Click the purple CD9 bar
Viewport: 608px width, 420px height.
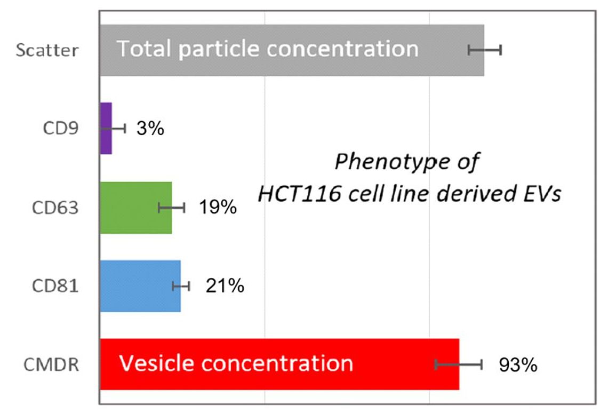pos(106,129)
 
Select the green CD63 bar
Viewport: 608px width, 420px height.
pos(135,208)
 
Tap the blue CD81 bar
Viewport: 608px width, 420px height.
pos(140,286)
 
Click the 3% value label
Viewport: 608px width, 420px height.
pos(150,128)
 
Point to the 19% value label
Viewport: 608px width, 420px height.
pos(218,207)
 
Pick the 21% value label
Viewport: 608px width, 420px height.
pos(225,286)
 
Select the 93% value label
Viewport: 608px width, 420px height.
pos(518,365)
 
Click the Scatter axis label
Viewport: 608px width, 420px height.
pos(47,50)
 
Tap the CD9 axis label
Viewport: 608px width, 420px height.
pos(61,128)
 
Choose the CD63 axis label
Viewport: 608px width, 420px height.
pos(55,208)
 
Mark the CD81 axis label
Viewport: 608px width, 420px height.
pos(55,286)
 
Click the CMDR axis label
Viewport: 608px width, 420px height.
pos(51,364)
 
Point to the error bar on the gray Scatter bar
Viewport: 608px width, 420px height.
pos(485,50)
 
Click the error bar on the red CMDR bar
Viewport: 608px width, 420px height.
pos(459,364)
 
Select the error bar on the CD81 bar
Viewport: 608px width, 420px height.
pos(181,287)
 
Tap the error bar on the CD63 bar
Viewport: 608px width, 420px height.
pos(171,208)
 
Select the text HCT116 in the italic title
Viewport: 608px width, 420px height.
pos(299,193)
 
